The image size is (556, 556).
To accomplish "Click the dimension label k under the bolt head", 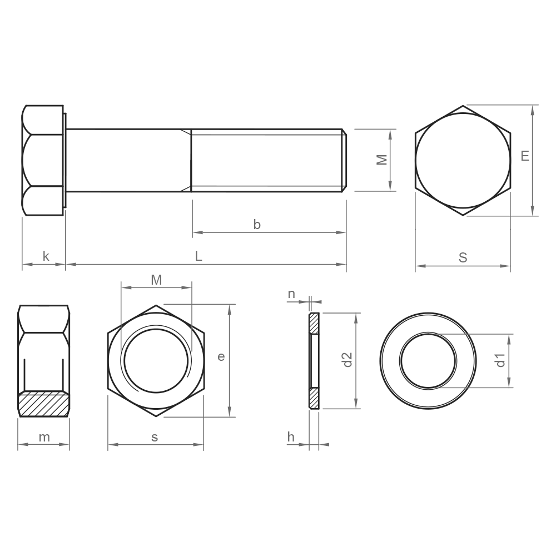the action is coord(46,256).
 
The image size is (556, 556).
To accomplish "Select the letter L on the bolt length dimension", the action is coord(198,256).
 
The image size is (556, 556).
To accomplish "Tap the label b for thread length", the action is coord(257,225).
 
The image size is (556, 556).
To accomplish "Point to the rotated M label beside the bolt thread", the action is coord(382,160).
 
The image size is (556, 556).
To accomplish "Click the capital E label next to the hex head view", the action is coord(525,156).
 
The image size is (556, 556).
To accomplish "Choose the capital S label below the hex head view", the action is coord(463,257).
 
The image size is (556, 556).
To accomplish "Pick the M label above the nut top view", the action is coord(156,280).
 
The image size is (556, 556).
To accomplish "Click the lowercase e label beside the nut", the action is coord(221,357).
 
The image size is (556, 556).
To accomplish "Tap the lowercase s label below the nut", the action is coord(155,438).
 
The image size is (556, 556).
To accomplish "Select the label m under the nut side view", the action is coord(44,438).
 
